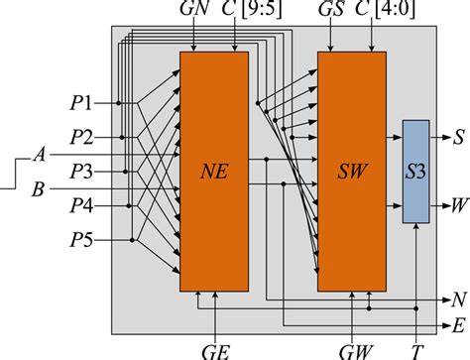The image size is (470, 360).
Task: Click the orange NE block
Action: [x=213, y=171]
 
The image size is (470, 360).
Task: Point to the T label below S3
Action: [x=415, y=349]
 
